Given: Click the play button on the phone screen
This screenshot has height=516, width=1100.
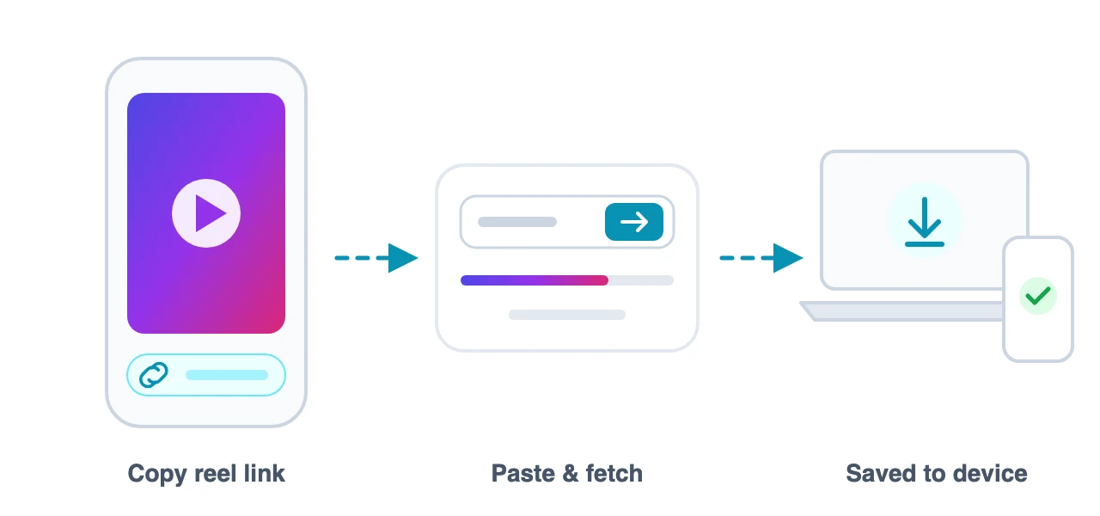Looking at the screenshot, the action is coord(206,213).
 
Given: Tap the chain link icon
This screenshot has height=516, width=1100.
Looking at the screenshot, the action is coord(154,376).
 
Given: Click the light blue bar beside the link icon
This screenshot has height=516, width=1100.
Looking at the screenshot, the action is coord(227,376).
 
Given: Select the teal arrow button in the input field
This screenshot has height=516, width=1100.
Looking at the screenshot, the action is coord(634,222).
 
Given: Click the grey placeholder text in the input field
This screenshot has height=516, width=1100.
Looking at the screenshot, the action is coord(517,222).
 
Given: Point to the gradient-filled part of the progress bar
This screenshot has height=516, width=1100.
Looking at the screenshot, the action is coord(535,280).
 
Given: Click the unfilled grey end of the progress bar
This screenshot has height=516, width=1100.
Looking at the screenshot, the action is coord(641,280).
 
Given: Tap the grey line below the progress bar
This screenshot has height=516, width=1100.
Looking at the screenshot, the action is coord(567,315).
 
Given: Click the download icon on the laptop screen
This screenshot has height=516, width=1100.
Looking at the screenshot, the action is coord(924,221).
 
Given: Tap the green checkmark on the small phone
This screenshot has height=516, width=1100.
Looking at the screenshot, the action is coord(1037,296).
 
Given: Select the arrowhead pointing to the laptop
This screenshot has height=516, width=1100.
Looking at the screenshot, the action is coord(788,257).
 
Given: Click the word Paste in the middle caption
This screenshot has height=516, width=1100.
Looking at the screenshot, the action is coord(523,473).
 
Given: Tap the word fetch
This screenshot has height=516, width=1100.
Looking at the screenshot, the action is coord(614,473).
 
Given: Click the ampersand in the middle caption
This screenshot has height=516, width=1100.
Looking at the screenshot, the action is coord(570,474).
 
